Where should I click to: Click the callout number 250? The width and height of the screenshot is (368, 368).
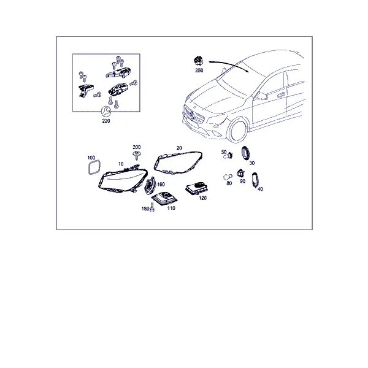199,70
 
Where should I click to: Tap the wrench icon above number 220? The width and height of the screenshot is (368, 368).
105,111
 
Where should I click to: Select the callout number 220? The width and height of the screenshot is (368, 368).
106,121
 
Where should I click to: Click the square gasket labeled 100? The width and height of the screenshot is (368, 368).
94,167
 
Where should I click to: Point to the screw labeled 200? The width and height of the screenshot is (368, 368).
136,156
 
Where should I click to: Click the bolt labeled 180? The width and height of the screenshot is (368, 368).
152,207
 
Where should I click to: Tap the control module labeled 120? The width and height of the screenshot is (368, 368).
197,188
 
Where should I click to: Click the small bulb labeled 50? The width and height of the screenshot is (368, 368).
228,156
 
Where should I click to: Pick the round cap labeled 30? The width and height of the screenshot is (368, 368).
246,153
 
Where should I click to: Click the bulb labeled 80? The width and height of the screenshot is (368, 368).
228,177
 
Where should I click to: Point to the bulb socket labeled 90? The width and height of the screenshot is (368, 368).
240,174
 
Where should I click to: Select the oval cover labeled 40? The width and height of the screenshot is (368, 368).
255,180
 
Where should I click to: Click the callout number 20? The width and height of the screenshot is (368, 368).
179,148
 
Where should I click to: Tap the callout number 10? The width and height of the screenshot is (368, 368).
121,164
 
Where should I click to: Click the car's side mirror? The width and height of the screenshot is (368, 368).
261,96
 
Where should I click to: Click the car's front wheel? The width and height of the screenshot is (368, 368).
238,131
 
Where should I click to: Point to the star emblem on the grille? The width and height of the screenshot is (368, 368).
193,115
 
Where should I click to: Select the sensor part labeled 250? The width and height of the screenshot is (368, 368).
199,61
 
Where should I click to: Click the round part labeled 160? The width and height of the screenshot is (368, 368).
149,185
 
